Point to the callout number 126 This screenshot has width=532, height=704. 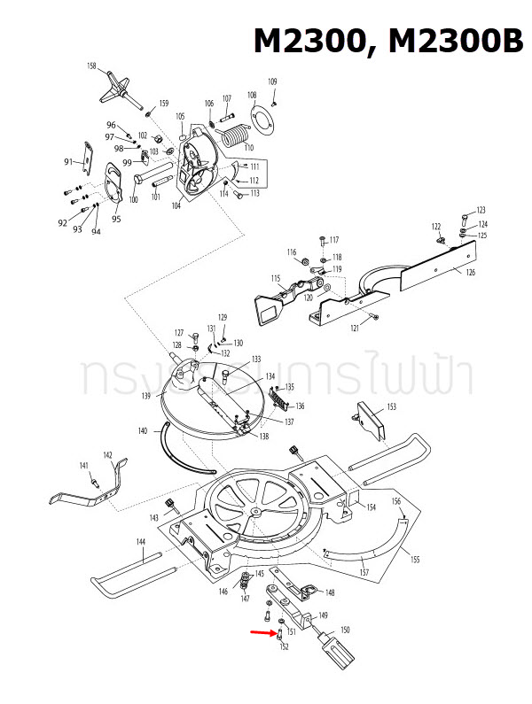[470, 272]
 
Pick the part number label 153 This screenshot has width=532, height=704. [391, 407]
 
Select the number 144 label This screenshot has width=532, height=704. [140, 541]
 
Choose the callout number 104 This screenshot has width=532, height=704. [176, 205]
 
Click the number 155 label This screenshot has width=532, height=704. [414, 559]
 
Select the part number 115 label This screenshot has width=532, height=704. [276, 278]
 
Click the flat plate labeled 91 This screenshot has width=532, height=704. [90, 156]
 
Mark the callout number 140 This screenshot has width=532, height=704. [142, 431]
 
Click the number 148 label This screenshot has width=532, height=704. [330, 592]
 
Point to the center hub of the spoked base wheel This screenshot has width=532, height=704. [255, 512]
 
